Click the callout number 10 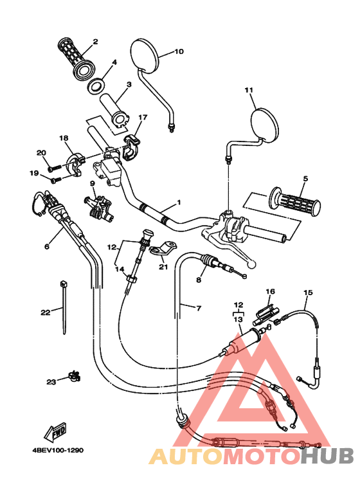click(x=179, y=51)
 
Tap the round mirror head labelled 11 click(x=265, y=125)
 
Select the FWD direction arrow click(x=55, y=432)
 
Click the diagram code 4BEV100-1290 click(x=58, y=450)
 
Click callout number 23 click(x=51, y=382)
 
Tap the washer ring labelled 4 click(x=96, y=86)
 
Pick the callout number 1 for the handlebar click(x=179, y=203)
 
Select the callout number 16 click(x=270, y=291)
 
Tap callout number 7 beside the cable click(x=199, y=308)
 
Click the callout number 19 click(x=34, y=174)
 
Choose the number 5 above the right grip click(x=305, y=179)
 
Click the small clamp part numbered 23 click(x=75, y=376)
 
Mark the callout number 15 click(x=308, y=293)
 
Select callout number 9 click(x=92, y=183)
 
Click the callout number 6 click(x=46, y=246)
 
